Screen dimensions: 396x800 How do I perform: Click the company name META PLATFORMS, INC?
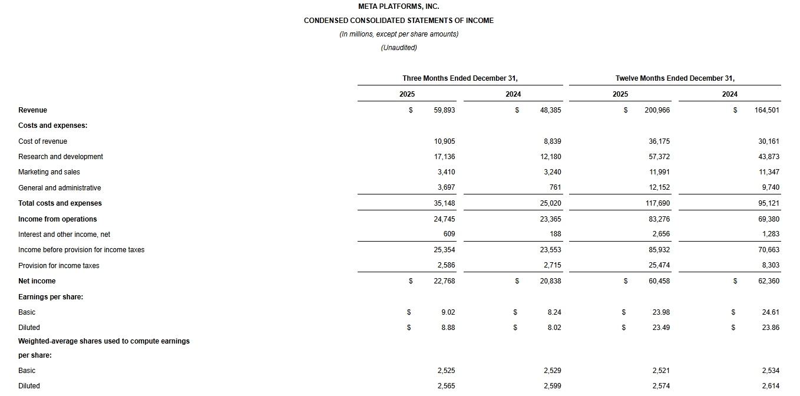[399, 6]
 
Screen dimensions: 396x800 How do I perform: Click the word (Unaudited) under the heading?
[399, 48]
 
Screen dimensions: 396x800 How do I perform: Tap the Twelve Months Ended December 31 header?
[675, 78]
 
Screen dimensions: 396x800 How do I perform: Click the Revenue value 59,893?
[444, 110]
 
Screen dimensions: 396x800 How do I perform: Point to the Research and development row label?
[61, 157]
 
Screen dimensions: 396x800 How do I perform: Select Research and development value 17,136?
[444, 157]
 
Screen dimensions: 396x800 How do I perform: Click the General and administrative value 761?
[555, 188]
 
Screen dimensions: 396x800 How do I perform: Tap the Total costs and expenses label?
[60, 203]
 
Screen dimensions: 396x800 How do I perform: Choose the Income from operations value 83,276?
[659, 219]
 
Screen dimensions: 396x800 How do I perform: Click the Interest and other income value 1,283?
[769, 235]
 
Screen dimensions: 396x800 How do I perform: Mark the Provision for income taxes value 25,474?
[659, 266]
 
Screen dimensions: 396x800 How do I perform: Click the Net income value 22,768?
[444, 281]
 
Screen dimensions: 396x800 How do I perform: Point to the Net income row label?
[37, 281]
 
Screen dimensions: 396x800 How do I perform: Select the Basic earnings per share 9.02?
[448, 312]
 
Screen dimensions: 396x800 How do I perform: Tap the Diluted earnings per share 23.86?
[771, 328]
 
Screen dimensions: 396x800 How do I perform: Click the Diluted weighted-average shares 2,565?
[446, 386]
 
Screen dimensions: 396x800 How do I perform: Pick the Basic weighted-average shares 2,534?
[771, 371]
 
